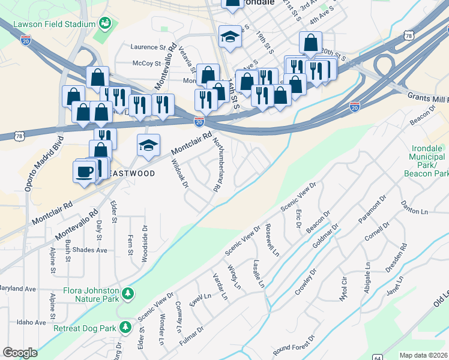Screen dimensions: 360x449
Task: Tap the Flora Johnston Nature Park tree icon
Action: tap(127, 293)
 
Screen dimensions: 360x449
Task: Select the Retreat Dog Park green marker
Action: tap(125, 328)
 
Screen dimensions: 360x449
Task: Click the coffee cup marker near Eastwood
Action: tap(84, 172)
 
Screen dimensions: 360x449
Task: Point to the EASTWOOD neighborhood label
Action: tap(131, 173)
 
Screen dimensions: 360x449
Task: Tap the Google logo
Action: tap(20, 353)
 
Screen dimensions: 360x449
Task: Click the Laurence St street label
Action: tap(148, 47)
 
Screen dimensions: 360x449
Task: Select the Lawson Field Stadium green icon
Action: tap(106, 23)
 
